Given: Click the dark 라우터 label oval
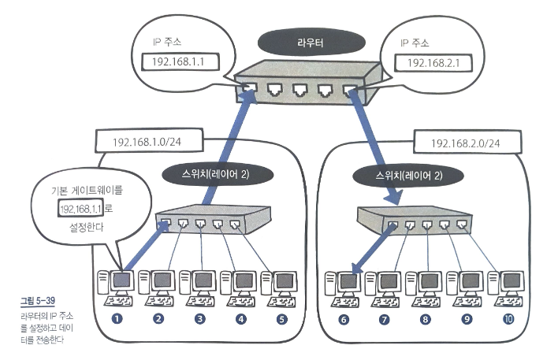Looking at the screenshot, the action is tap(311, 43).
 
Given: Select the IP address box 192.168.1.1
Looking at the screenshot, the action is tap(180, 62).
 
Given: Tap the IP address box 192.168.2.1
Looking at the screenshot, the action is tap(433, 63).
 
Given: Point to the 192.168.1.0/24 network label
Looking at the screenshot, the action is tap(149, 141).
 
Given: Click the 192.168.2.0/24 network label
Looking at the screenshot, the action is tap(467, 143).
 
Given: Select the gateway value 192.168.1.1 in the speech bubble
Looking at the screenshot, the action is tap(80, 208).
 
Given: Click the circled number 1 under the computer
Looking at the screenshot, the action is tap(117, 318).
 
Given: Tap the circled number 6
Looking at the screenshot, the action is tap(344, 319).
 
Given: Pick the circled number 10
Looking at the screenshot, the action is tap(508, 319).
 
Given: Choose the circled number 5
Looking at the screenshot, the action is tap(281, 319).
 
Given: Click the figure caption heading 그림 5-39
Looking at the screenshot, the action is tap(38, 301).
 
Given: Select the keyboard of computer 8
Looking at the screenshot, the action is tap(426, 302).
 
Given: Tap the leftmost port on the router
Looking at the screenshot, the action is tap(249, 88).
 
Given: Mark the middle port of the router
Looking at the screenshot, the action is tap(300, 89).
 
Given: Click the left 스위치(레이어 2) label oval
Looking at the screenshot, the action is tap(217, 174).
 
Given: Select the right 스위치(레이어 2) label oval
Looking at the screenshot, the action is tap(408, 176).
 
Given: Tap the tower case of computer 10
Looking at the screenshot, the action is tap(493, 284).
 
